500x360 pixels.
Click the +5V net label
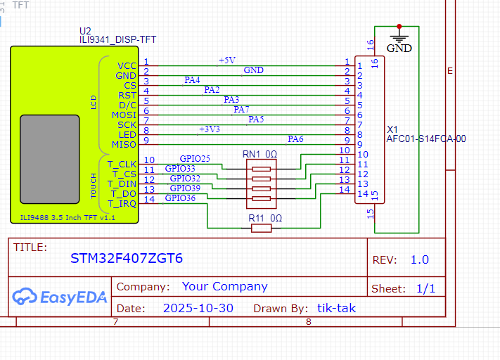pyautogui.click(x=227, y=60)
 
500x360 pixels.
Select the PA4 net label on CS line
pyautogui.click(x=192, y=80)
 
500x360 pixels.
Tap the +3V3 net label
pyautogui.click(x=210, y=129)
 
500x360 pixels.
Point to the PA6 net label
pyautogui.click(x=295, y=139)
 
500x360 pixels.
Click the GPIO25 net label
pyautogui.click(x=195, y=159)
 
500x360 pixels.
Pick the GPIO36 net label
pyautogui.click(x=180, y=199)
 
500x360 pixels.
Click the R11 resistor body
pyautogui.click(x=262, y=229)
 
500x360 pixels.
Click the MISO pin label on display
pyautogui.click(x=124, y=145)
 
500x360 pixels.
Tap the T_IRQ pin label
pyautogui.click(x=122, y=204)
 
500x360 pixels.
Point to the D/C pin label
pyautogui.click(x=127, y=105)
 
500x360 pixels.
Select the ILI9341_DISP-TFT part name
pyautogui.click(x=113, y=40)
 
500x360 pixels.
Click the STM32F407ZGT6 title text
pyautogui.click(x=127, y=258)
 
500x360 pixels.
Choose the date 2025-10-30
pyautogui.click(x=198, y=308)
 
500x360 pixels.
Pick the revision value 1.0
pyautogui.click(x=419, y=259)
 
